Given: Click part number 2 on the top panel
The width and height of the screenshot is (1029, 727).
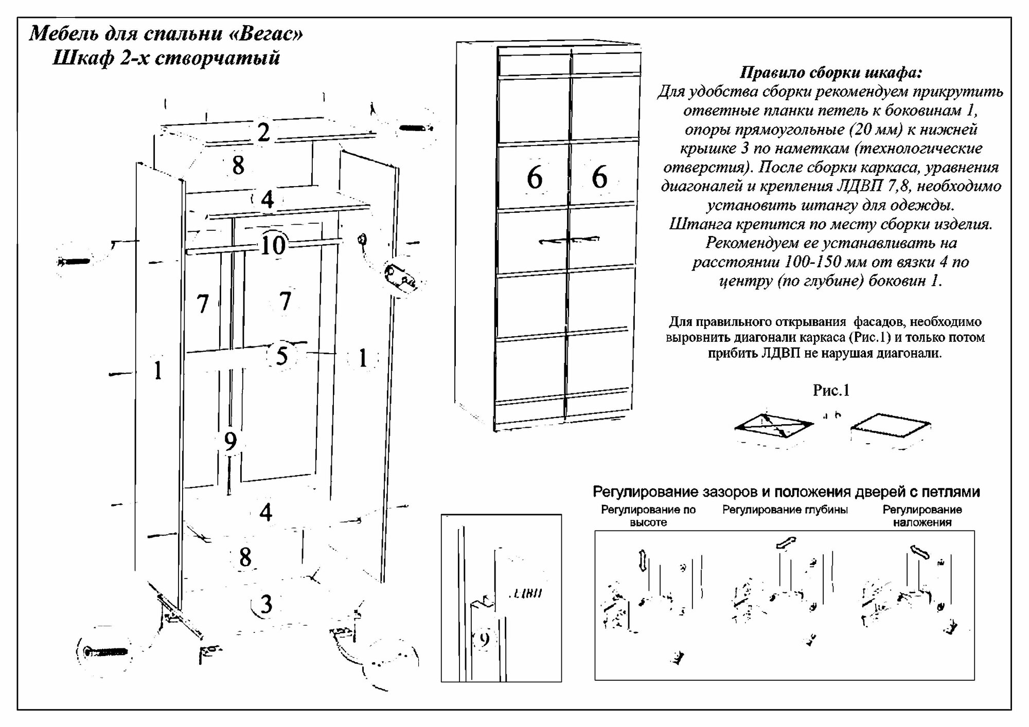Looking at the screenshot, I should [263, 133].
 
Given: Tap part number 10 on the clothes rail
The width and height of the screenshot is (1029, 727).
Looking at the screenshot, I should [273, 245].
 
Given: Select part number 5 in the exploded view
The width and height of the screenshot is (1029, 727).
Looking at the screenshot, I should [281, 356].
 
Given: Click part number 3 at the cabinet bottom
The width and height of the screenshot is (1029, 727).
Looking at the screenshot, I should [266, 605].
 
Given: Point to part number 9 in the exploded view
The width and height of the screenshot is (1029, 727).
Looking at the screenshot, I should [230, 441].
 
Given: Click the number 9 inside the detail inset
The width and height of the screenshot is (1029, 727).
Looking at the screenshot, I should [484, 639].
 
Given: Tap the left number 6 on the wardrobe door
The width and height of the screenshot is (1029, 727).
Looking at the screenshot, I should [535, 177].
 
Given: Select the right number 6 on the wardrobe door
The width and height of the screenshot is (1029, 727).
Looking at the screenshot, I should [599, 177].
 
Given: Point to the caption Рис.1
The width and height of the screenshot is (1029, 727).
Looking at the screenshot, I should [831, 391].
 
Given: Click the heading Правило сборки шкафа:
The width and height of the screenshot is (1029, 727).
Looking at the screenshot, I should [830, 73].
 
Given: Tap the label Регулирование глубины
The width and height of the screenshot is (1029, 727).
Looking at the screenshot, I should [785, 510].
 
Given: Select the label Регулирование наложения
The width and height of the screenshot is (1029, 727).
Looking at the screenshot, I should [922, 516].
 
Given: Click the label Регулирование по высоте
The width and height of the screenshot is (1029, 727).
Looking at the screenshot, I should [648, 516].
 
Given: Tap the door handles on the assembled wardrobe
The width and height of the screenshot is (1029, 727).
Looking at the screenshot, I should [569, 240].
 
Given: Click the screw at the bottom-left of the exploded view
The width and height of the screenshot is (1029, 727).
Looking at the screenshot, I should [106, 652].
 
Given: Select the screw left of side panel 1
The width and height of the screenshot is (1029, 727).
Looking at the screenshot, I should [75, 262].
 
